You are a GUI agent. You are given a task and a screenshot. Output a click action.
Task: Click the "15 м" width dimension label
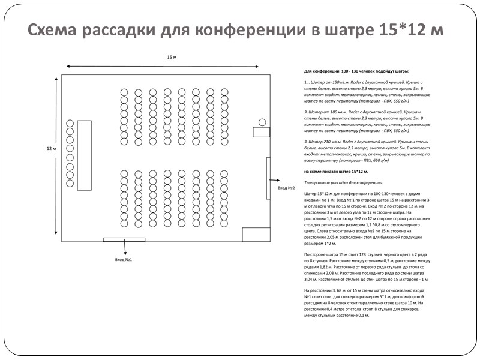172,57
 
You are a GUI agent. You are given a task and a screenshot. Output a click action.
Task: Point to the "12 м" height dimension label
51,149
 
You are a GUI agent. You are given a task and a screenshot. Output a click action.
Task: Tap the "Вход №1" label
123,260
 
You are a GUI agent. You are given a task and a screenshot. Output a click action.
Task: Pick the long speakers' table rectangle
84,155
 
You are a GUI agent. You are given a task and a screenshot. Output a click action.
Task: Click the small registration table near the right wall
262,132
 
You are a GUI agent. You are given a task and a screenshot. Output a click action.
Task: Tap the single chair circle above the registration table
262,122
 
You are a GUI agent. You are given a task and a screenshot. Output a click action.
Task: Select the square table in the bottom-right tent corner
251,235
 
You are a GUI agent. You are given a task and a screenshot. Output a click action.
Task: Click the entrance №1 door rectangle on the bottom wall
124,240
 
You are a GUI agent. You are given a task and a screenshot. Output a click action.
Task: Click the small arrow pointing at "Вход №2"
277,179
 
